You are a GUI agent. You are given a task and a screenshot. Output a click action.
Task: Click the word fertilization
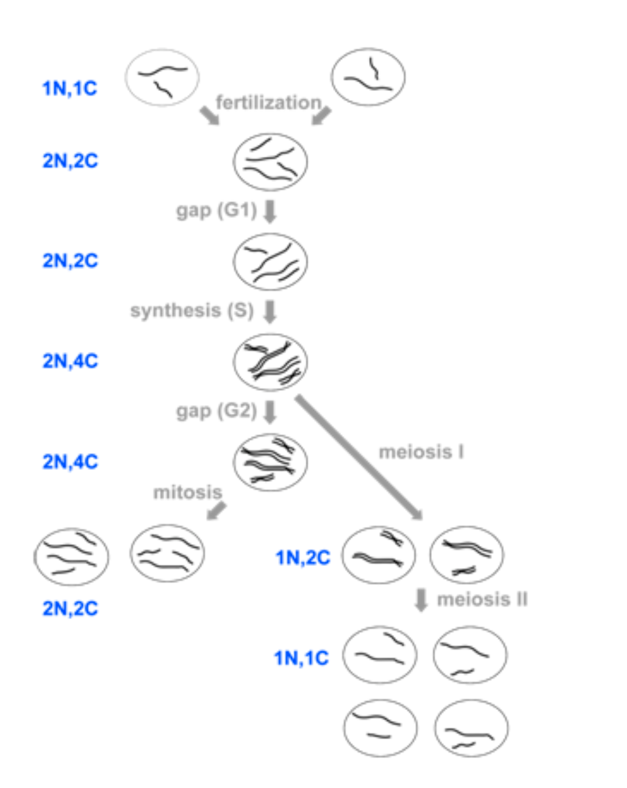click(268, 102)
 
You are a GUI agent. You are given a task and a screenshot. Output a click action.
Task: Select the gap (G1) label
click(216, 210)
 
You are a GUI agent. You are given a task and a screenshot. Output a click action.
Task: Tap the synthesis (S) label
click(192, 310)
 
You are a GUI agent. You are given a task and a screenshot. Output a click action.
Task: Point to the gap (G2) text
click(216, 410)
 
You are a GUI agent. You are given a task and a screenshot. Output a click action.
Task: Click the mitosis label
click(187, 492)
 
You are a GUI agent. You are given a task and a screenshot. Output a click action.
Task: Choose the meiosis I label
click(421, 452)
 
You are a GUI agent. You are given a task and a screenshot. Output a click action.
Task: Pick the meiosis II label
click(482, 600)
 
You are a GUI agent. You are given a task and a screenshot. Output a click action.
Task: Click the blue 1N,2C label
click(303, 557)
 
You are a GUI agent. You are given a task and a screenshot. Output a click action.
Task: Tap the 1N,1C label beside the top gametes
click(70, 88)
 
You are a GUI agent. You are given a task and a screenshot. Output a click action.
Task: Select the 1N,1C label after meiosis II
click(301, 658)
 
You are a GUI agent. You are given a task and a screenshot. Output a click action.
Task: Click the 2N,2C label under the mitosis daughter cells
click(70, 608)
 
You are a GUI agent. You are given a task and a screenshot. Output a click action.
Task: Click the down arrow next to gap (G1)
click(270, 211)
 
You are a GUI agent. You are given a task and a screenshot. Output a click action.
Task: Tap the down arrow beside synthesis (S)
click(270, 311)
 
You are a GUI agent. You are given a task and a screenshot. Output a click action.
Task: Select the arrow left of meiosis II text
click(421, 600)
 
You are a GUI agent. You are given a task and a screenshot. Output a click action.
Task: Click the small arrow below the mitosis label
click(216, 510)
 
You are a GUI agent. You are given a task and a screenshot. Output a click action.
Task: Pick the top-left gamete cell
click(162, 77)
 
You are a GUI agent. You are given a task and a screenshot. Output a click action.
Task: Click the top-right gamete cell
click(368, 77)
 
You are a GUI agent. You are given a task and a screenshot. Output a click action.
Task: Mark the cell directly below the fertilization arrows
click(270, 162)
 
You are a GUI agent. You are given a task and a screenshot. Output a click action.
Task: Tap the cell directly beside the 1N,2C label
click(378, 555)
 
